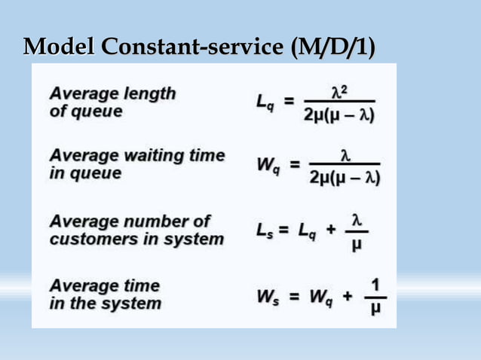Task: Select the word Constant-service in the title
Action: pyautogui.click(x=194, y=47)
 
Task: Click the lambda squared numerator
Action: pyautogui.click(x=341, y=91)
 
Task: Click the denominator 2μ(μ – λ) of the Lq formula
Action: pyautogui.click(x=340, y=115)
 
